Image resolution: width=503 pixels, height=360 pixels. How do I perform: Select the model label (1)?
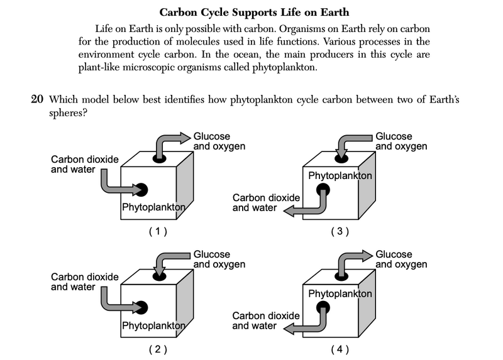tap(157, 231)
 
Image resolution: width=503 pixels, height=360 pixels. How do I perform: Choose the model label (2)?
tap(157, 349)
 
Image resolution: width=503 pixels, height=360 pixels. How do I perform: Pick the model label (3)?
tap(340, 231)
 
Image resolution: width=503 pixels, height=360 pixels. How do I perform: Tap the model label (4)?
tap(340, 349)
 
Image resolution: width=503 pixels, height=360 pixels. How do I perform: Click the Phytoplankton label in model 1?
tap(153, 207)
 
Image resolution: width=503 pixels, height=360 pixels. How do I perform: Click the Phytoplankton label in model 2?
tap(153, 325)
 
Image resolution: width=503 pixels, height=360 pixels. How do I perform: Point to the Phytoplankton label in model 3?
tap(340, 175)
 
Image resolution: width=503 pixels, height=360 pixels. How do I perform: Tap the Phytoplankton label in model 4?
tap(340, 293)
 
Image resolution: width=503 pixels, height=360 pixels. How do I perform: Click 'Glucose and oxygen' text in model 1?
tap(219, 141)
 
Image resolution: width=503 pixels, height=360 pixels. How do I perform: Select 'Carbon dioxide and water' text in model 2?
tap(84, 282)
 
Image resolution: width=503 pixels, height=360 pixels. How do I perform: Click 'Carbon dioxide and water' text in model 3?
tap(266, 202)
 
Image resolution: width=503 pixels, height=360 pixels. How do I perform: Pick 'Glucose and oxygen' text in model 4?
tap(401, 259)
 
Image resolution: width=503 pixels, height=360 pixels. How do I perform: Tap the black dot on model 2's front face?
tap(141, 307)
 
